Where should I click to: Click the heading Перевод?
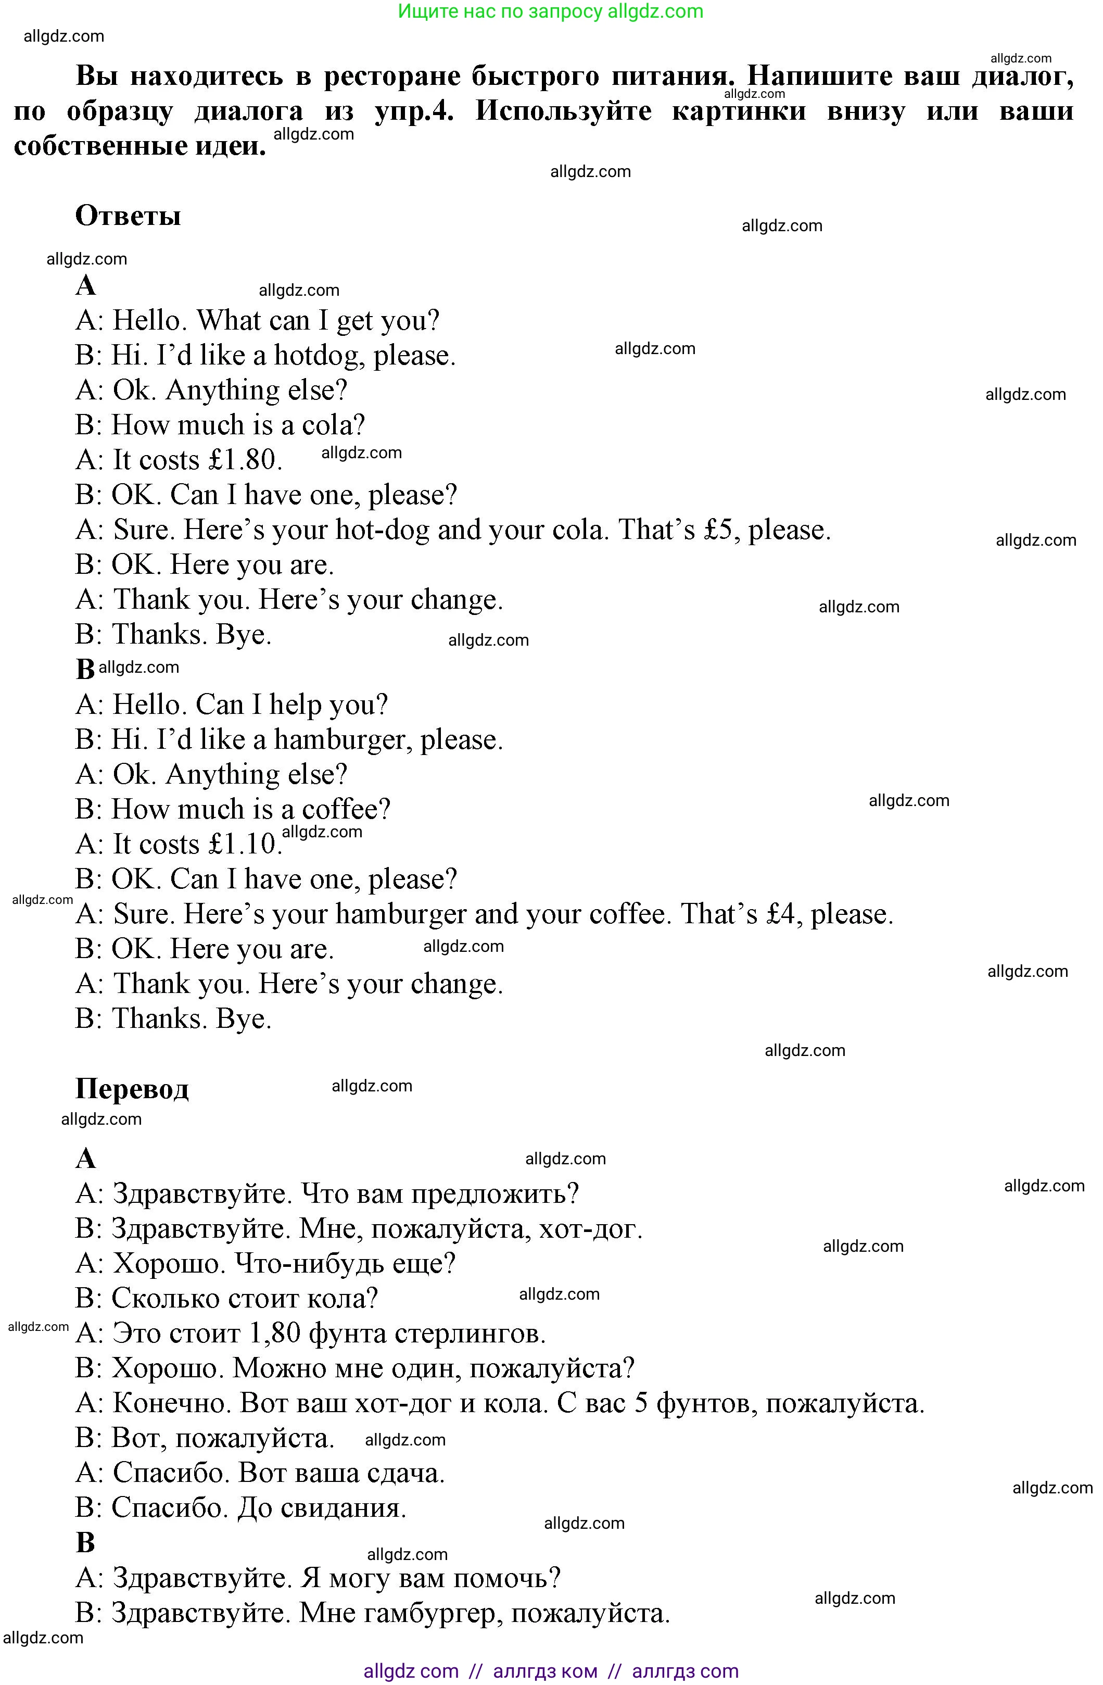[132, 1088]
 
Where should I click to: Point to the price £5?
[718, 530]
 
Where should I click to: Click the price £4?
[780, 913]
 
